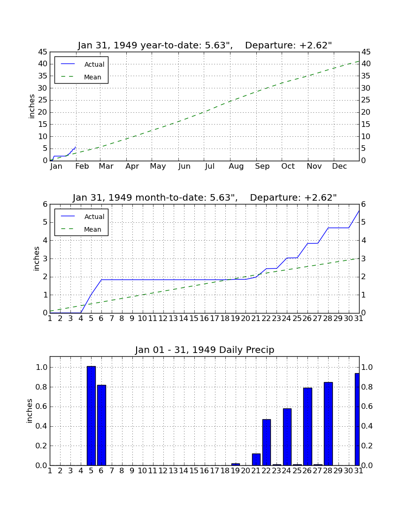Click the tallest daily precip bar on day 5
[91, 416]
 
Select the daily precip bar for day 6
[101, 425]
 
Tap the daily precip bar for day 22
[266, 442]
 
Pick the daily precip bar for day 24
[287, 437]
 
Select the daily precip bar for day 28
[328, 423]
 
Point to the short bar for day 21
[256, 459]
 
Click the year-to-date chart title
[205, 45]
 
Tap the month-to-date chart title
[205, 197]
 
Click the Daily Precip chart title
[205, 350]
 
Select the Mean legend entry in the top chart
[81, 77]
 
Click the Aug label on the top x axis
[237, 166]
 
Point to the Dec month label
[339, 166]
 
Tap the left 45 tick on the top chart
[43, 52]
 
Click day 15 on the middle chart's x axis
[194, 319]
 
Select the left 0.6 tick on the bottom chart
[42, 406]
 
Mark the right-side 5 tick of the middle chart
[363, 222]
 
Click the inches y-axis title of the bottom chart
[30, 411]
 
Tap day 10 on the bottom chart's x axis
[142, 471]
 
